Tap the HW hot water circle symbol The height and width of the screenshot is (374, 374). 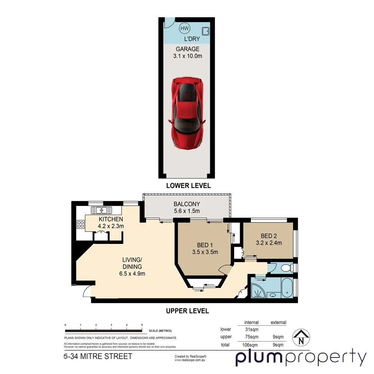click(x=184, y=28)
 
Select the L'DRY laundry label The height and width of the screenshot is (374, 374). click(x=191, y=39)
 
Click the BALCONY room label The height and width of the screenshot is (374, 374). click(x=187, y=204)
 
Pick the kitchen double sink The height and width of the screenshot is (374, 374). click(x=99, y=210)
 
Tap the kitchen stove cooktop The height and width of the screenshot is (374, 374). click(x=80, y=224)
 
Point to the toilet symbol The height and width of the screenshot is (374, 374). click(x=286, y=268)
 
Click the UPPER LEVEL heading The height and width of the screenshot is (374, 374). click(x=187, y=311)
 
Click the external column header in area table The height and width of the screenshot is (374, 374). click(x=278, y=322)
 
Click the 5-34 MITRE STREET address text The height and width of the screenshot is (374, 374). click(x=98, y=356)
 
